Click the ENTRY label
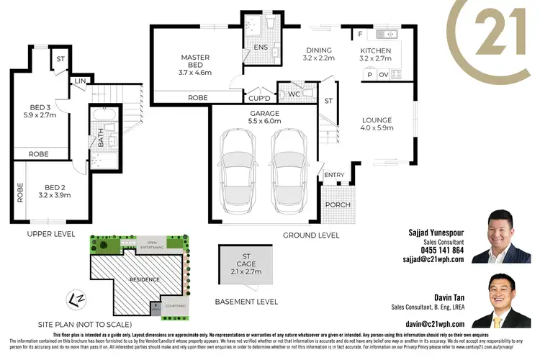click(x=334, y=175)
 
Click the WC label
click(x=294, y=93)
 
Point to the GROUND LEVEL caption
click(x=310, y=235)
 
